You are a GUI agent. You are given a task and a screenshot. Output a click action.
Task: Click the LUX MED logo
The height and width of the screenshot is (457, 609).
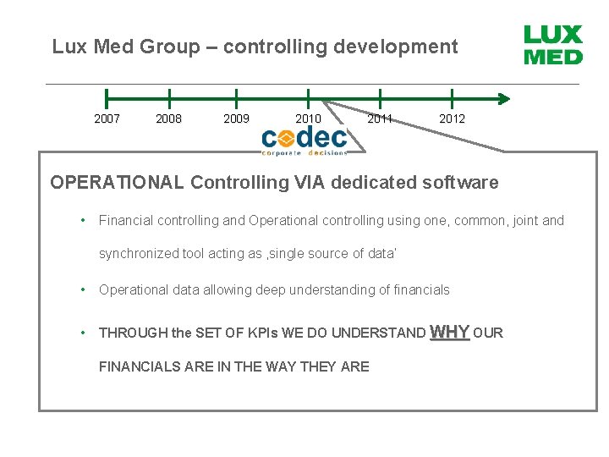tap(553, 45)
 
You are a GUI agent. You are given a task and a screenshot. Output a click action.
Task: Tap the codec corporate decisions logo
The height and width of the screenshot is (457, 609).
tap(304, 140)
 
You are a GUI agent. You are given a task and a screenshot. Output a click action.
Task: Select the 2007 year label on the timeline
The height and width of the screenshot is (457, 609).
tap(107, 119)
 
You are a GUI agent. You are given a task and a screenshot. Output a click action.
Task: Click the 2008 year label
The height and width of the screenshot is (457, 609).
tap(169, 119)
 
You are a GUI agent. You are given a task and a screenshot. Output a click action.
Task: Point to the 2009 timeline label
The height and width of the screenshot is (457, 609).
tap(236, 119)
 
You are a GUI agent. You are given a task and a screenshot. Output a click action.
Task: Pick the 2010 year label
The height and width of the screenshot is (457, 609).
tap(308, 119)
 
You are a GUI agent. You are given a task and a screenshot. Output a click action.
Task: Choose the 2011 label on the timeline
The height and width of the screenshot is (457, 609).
tap(380, 119)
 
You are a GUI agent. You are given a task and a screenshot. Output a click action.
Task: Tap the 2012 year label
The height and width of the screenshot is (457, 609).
tap(452, 119)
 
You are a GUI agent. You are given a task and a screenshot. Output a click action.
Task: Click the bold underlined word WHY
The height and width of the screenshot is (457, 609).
tap(450, 332)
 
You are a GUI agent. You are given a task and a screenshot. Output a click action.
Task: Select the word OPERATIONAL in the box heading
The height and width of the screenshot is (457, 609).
tap(117, 182)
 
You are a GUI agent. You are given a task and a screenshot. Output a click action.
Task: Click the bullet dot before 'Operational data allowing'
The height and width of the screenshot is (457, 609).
tap(83, 289)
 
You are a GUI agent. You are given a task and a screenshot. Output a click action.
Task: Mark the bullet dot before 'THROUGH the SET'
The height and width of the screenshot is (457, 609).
tap(83, 333)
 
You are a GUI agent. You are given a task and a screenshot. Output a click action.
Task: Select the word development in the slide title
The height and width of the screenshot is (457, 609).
tap(396, 47)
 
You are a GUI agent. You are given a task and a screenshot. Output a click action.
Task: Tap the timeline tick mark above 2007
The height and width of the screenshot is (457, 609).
tap(107, 98)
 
